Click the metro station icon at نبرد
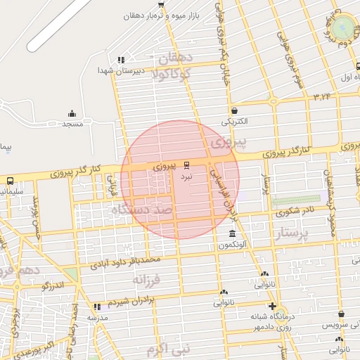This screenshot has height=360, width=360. click(186, 166)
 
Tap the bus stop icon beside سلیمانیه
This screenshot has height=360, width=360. click(10, 181)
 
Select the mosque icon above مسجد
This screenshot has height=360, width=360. click(72, 114)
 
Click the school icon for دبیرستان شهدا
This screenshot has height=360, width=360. click(122, 60)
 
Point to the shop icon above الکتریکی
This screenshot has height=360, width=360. click(234, 110)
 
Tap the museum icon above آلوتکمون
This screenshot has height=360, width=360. click(232, 233)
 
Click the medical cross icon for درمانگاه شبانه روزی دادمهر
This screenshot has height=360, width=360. click(273, 306)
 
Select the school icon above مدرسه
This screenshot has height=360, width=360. click(97, 307)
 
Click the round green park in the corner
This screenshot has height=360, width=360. click(344, 27)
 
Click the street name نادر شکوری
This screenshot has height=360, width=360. click(296, 210)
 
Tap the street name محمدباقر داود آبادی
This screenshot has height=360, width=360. click(132, 264)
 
